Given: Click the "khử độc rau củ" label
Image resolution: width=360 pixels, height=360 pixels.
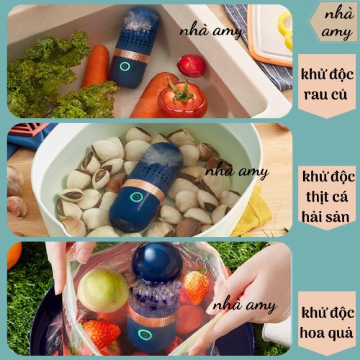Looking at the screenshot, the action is click(327, 85).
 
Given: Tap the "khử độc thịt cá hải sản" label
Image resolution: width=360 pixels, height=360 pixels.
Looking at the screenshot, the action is click(328, 197).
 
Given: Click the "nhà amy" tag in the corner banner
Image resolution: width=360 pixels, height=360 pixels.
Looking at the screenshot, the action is click(337, 23).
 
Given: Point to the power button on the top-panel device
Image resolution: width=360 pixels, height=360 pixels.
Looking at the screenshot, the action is click(125, 66).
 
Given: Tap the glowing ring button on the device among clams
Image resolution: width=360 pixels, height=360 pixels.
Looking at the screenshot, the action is click(137, 197).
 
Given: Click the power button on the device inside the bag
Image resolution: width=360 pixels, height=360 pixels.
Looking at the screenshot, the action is click(145, 334).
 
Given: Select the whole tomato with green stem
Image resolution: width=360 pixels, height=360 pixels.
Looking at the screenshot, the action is click(183, 98).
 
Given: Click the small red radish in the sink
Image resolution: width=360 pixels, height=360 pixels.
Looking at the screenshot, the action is click(191, 66).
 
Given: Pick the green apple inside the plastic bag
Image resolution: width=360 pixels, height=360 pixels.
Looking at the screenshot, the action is click(103, 290).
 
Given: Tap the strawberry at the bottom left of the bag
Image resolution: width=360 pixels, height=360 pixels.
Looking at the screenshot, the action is click(101, 333).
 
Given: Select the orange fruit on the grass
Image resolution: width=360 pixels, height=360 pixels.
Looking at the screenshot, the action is click(14, 255).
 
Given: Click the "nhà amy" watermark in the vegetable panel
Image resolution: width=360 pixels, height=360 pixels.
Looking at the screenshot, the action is click(211, 31).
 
